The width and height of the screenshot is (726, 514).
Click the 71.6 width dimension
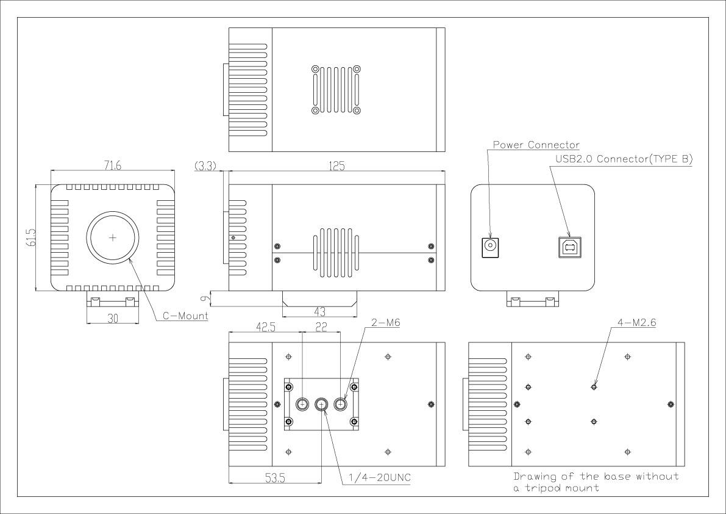tap(113, 166)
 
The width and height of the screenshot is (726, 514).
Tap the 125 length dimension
tap(336, 166)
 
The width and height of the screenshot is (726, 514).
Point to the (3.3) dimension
tap(204, 166)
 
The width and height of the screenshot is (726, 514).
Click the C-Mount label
tap(185, 316)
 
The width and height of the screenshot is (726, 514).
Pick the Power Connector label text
tap(536, 145)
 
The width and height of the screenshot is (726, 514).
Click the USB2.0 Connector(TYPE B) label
tap(624, 159)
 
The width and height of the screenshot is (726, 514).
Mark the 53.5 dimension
tap(274, 477)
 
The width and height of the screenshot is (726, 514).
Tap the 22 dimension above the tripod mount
tap(321, 327)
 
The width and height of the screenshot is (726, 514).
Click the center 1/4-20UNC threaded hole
tap(322, 404)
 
